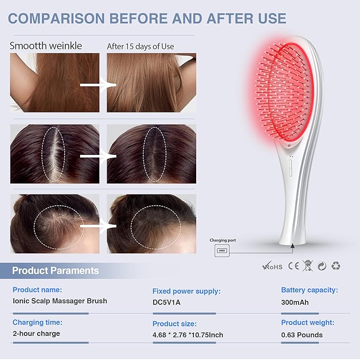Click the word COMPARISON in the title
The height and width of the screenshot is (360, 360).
56,19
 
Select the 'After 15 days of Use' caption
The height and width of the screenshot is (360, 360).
141,46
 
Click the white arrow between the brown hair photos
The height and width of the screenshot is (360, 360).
98,85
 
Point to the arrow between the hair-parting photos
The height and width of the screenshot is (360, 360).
98,156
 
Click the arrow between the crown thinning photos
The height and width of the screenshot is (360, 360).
98,226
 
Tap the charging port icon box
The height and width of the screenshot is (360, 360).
222,250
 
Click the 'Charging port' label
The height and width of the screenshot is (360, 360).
223,240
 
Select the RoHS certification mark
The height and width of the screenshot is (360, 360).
273,266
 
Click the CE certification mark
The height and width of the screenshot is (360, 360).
294,266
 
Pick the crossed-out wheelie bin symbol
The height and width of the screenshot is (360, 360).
308,266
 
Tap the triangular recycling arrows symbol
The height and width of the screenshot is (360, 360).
336,266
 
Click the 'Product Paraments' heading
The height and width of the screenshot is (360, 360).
56,271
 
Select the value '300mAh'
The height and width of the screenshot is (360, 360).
295,302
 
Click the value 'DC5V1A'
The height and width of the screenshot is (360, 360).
166,302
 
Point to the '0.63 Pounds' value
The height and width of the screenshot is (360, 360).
302,335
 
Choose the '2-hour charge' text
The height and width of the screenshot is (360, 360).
37,333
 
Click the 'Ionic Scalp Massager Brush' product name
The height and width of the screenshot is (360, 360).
60,301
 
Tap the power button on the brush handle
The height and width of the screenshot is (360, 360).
291,168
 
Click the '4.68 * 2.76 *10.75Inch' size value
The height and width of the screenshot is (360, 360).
188,335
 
